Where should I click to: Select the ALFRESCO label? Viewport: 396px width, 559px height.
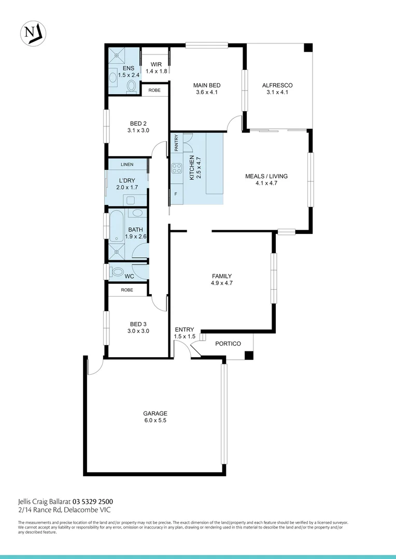[x=277, y=89]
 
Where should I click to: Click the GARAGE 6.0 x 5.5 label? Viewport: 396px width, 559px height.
[x=155, y=417]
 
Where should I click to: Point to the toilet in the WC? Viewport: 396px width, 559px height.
[x=117, y=271]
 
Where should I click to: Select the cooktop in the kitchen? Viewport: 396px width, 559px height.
[x=177, y=168]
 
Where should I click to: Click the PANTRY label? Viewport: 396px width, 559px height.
[x=176, y=143]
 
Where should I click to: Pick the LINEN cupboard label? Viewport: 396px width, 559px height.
[x=127, y=165]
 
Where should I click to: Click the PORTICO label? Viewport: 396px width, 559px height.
[x=228, y=344]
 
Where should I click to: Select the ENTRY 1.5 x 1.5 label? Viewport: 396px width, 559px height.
[x=185, y=333]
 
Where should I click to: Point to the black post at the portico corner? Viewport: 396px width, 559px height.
[x=249, y=355]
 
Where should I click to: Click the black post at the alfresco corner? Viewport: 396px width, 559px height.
[x=308, y=48]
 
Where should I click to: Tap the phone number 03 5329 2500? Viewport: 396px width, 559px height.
[x=93, y=502]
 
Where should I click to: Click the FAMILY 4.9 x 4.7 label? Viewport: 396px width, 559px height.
[x=221, y=279]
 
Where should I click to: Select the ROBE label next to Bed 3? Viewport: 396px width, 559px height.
[x=127, y=290]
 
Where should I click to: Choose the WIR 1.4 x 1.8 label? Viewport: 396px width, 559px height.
[x=156, y=68]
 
